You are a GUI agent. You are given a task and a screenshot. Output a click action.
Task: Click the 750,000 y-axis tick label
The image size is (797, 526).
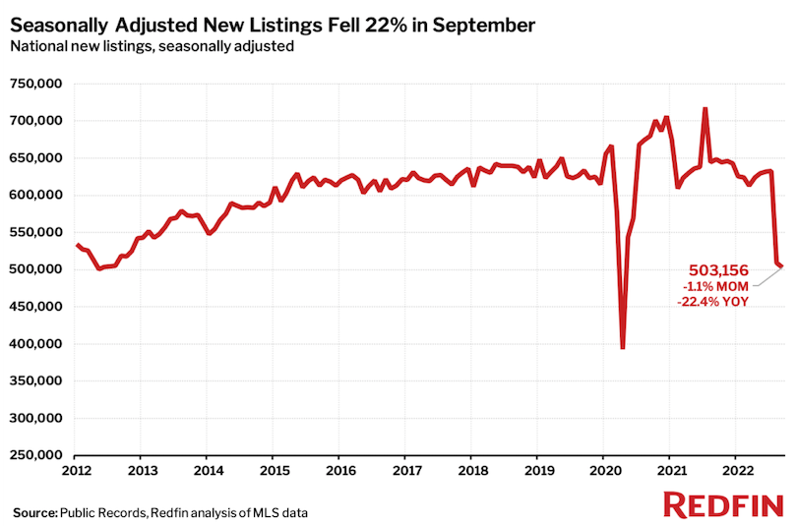click(x=36, y=84)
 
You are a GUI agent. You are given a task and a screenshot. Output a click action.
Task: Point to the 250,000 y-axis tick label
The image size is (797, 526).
click(x=36, y=455)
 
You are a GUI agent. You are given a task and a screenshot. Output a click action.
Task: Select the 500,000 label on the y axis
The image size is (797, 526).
click(x=36, y=269)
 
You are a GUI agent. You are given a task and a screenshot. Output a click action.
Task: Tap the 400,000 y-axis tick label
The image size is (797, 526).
click(x=36, y=344)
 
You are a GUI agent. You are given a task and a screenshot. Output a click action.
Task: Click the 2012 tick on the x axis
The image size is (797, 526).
click(x=75, y=470)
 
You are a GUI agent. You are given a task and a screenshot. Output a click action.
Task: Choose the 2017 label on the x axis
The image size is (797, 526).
click(x=405, y=470)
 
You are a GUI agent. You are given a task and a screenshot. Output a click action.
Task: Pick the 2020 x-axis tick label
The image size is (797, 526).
click(x=604, y=470)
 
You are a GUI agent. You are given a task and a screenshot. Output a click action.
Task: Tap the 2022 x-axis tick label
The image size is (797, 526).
click(x=736, y=470)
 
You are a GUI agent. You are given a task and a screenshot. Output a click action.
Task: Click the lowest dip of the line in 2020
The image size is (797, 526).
click(x=623, y=347)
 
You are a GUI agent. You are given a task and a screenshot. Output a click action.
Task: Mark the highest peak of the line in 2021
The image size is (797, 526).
click(x=705, y=108)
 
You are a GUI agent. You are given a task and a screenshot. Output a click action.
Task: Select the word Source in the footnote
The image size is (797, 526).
click(x=33, y=512)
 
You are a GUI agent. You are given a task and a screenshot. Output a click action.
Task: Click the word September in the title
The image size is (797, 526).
click(x=480, y=25)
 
